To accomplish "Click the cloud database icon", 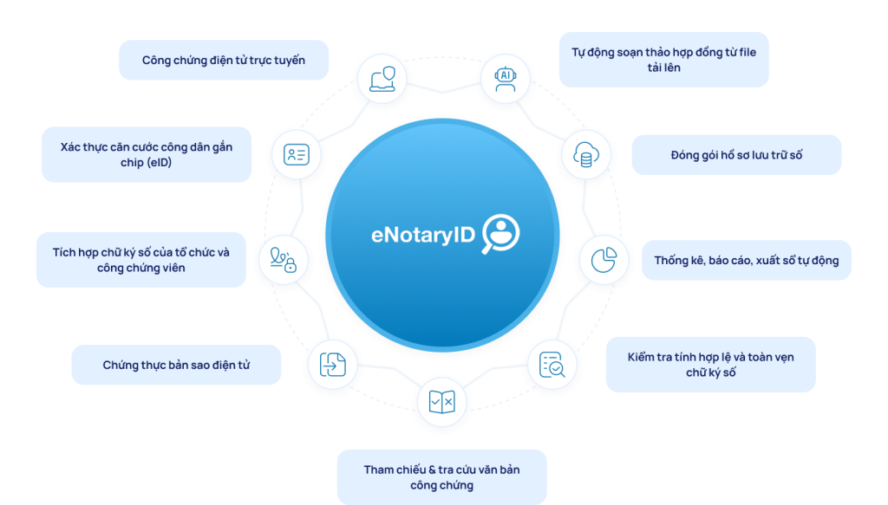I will pyautogui.click(x=584, y=157).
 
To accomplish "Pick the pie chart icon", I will pyautogui.click(x=604, y=259).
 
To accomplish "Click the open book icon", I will pyautogui.click(x=441, y=403).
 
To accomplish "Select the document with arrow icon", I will pyautogui.click(x=332, y=365).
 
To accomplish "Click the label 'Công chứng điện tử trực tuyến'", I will pyautogui.click(x=224, y=61).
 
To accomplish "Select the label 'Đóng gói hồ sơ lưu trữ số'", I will pyautogui.click(x=736, y=155).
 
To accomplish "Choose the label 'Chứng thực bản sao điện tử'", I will pyautogui.click(x=176, y=365).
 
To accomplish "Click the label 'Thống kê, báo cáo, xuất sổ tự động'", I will pyautogui.click(x=747, y=260).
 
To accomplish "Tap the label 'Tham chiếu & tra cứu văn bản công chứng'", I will pyautogui.click(x=441, y=477).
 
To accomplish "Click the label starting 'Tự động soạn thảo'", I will pyautogui.click(x=663, y=60).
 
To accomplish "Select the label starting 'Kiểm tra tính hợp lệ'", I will pyautogui.click(x=710, y=364).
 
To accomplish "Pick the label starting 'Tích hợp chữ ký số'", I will pyautogui.click(x=140, y=260).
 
